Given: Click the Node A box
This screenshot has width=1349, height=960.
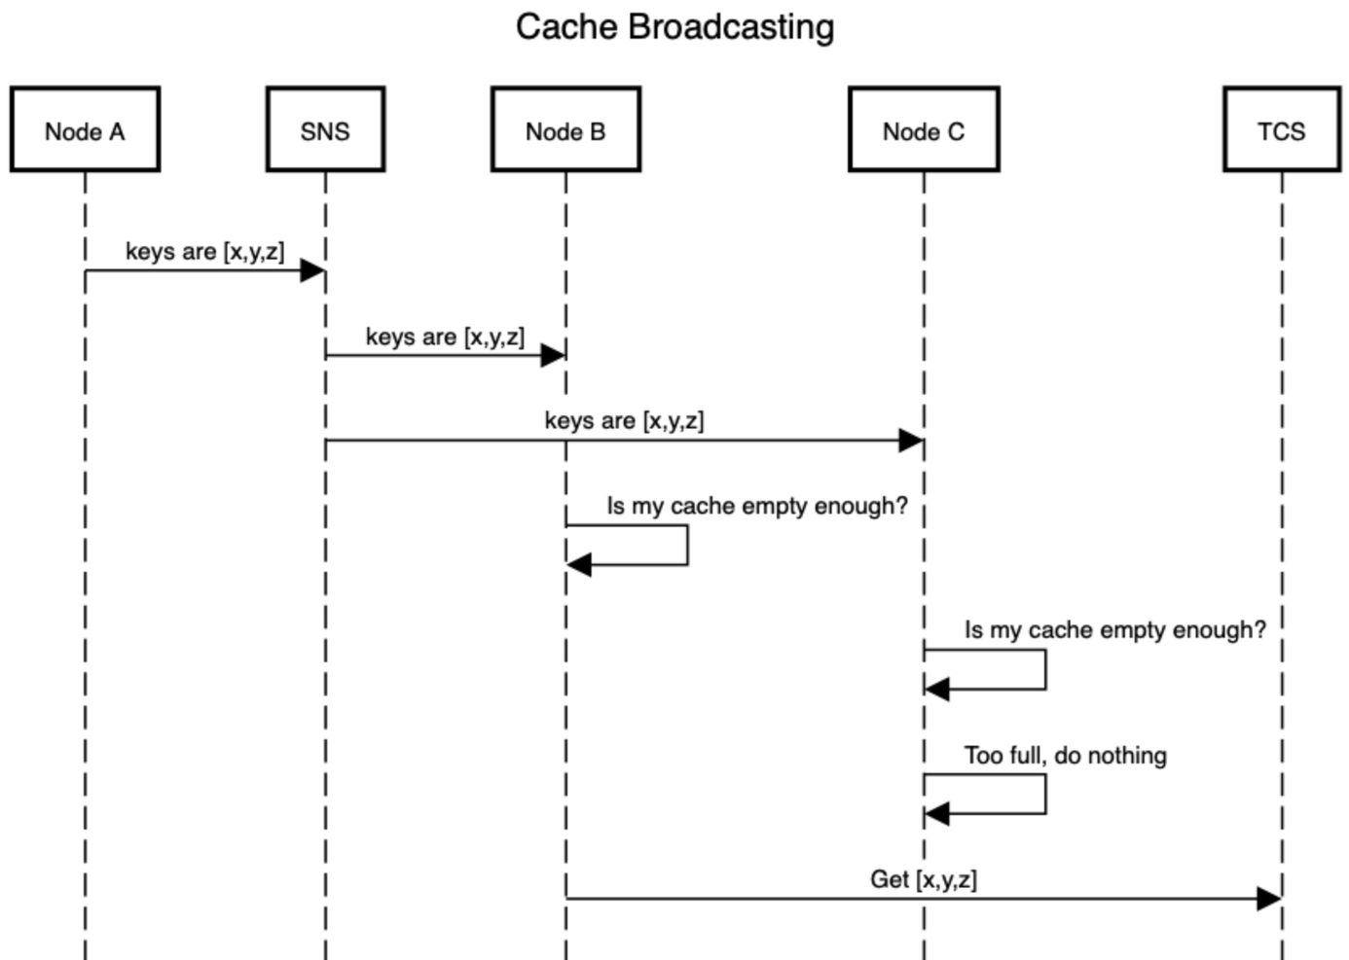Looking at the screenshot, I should tap(85, 129).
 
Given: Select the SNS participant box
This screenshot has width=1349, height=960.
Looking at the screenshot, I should tap(325, 129).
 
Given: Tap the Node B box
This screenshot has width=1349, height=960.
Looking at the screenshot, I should tap(565, 129).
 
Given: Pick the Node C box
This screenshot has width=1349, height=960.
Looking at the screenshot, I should tap(924, 129).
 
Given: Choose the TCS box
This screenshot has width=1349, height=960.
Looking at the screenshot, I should tap(1281, 129).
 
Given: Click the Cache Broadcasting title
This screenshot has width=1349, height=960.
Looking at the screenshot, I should tap(674, 27).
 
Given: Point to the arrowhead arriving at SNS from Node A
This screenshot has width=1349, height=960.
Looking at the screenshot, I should tap(312, 270).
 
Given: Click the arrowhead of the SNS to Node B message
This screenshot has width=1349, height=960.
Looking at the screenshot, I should tap(553, 355).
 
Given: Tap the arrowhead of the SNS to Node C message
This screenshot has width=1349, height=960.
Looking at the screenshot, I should tap(911, 441).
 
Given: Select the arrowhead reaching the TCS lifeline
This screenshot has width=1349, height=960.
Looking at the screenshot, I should tap(1269, 899).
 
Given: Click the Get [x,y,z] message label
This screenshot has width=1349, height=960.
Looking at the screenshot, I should tap(923, 879).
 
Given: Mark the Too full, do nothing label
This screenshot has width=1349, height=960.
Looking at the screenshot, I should tap(1065, 756).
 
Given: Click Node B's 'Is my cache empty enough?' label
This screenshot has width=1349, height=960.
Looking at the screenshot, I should tap(756, 506).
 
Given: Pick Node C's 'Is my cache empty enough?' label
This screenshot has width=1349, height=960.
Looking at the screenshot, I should tap(1114, 630).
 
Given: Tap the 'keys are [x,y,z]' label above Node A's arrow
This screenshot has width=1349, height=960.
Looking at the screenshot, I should tap(204, 252).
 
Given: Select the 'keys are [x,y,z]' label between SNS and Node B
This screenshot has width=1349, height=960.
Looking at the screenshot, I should tap(445, 337).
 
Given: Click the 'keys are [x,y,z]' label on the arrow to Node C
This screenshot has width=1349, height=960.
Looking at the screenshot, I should tap(624, 421).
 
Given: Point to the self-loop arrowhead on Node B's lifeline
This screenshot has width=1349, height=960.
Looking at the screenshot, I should tap(579, 564).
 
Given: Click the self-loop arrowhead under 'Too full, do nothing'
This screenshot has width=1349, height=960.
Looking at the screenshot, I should tap(937, 814).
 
